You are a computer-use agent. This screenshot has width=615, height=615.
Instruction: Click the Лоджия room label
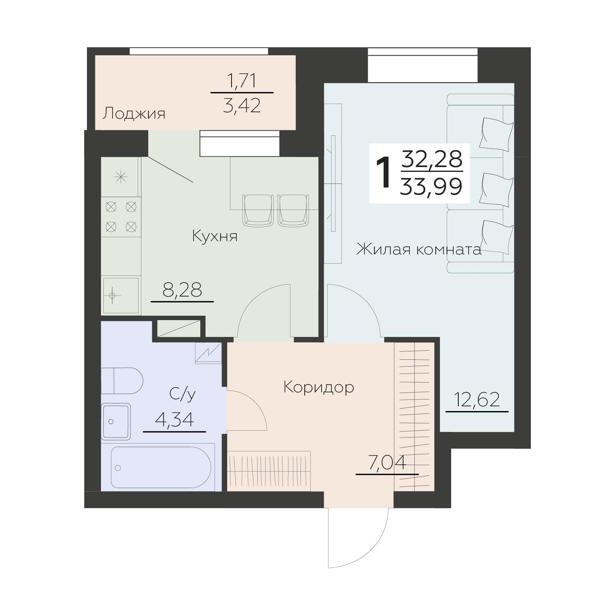click(134, 114)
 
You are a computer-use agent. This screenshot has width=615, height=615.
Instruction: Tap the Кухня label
click(215, 236)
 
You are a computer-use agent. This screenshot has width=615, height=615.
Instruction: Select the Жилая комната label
click(419, 250)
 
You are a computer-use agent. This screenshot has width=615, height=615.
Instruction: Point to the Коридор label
click(319, 387)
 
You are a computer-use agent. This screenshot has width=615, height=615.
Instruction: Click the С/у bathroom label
click(182, 394)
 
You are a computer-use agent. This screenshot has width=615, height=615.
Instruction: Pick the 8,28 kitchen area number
click(182, 290)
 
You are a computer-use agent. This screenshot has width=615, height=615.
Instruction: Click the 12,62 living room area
click(477, 400)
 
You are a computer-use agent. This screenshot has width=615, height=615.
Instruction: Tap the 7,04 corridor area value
click(387, 463)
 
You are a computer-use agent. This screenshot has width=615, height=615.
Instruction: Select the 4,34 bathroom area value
click(174, 420)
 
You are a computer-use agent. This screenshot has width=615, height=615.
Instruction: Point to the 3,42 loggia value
click(242, 105)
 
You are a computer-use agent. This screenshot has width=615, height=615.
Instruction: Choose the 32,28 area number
click(432, 159)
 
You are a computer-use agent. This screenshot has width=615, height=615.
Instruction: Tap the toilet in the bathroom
click(122, 381)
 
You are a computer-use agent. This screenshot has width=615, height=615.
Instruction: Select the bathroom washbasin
click(116, 421)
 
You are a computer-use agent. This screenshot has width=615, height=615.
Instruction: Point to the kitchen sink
click(121, 295)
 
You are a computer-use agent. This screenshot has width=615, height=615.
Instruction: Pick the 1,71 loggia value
click(242, 81)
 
